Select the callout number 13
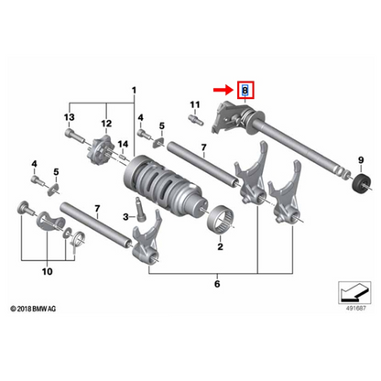[x=68, y=118]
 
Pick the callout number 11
[x=193, y=106]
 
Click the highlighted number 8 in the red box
[x=245, y=91]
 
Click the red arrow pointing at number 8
[x=223, y=91]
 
